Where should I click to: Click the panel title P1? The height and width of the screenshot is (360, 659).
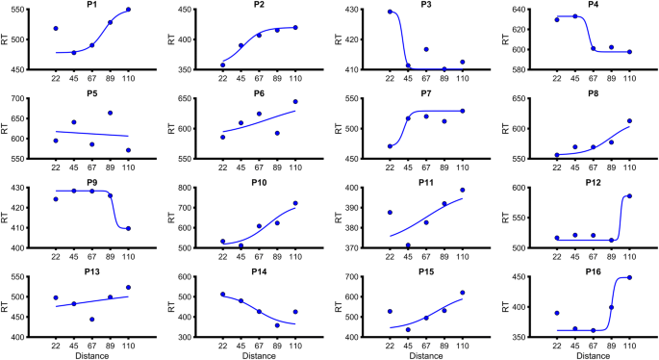tap(92, 4)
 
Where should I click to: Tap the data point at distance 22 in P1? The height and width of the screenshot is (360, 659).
tap(56, 29)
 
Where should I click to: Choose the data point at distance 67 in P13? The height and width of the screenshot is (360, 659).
tap(92, 320)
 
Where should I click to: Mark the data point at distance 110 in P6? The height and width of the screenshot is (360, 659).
tap(295, 101)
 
